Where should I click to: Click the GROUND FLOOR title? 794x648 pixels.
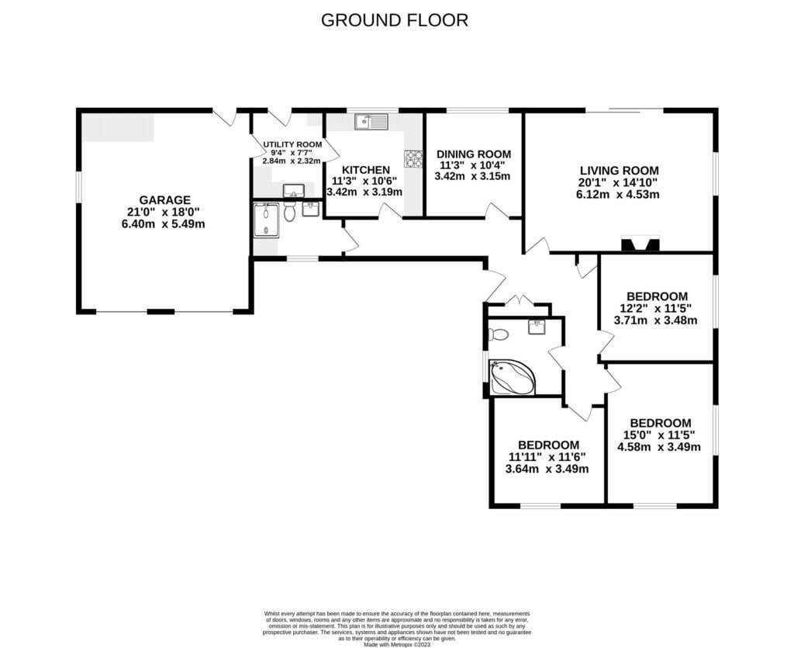coord(395,20)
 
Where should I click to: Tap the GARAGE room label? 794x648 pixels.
coord(164,199)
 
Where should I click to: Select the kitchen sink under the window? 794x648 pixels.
coord(371,122)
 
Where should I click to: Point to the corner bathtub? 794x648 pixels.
coord(512,377)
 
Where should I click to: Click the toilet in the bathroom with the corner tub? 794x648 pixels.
coord(499,335)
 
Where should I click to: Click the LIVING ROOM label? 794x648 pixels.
coord(619,171)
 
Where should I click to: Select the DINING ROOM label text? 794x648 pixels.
coord(473,154)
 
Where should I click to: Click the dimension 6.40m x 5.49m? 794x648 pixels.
coord(164,224)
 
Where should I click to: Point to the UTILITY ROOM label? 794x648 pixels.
coord(292,144)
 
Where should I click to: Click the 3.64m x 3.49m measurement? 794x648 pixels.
coord(547,469)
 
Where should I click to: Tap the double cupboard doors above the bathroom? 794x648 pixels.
coord(518,300)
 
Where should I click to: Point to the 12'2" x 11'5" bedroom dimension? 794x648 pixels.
coord(656,308)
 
